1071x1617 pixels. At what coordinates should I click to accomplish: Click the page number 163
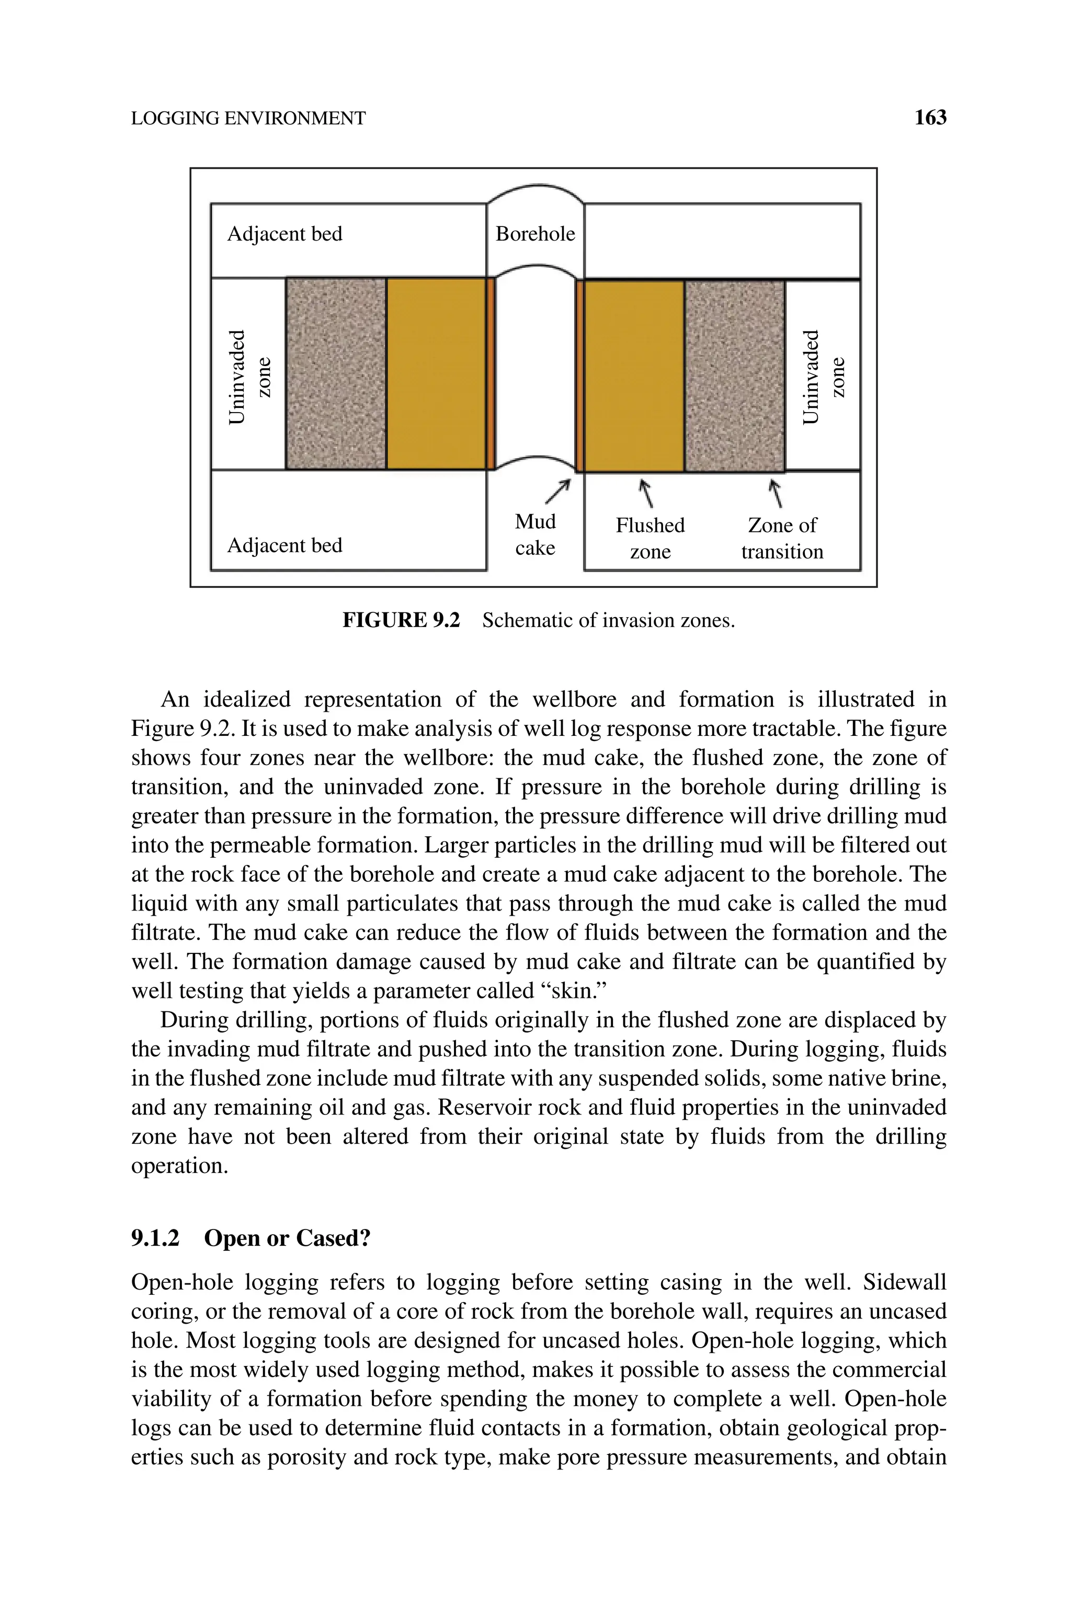930,118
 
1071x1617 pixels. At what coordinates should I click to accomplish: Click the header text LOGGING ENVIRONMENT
248,119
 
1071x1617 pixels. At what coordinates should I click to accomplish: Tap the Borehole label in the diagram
535,234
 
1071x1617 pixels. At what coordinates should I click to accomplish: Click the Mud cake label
535,534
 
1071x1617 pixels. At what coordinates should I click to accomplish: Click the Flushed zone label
650,538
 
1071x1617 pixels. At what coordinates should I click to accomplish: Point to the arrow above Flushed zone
645,494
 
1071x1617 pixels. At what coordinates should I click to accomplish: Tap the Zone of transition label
782,538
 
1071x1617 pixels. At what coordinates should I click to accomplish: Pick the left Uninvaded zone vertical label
248,377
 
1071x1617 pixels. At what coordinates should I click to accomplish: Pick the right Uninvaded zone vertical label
823,377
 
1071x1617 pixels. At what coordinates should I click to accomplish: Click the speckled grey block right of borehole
734,376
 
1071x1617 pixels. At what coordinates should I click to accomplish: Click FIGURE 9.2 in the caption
401,620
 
